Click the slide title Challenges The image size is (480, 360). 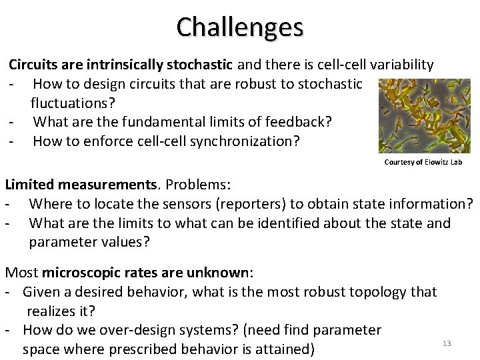click(x=240, y=27)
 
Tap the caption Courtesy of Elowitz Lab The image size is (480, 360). click(x=423, y=162)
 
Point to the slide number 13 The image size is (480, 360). click(x=447, y=343)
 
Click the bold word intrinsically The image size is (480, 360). click(x=129, y=65)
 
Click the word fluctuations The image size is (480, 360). click(x=69, y=103)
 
